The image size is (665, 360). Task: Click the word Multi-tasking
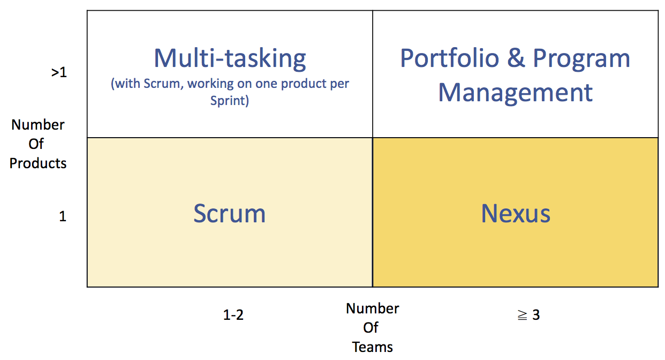(230, 59)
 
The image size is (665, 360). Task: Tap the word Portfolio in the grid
(450, 58)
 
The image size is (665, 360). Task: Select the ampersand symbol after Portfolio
(516, 58)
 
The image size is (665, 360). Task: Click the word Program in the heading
(581, 59)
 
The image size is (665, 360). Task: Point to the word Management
(516, 93)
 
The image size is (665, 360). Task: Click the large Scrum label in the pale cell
(230, 213)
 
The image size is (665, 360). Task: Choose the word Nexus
(516, 213)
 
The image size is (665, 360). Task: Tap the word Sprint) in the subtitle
(230, 100)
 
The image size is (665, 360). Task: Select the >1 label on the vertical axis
(59, 72)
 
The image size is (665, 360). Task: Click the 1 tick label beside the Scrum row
(63, 216)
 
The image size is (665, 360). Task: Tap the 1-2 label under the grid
(233, 315)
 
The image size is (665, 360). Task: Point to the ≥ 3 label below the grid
(528, 315)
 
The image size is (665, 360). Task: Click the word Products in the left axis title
(37, 163)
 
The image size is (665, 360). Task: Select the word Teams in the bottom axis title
(372, 347)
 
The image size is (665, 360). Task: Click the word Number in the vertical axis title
(37, 125)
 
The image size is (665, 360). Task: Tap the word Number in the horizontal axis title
(372, 309)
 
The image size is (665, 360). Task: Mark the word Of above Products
(36, 144)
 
